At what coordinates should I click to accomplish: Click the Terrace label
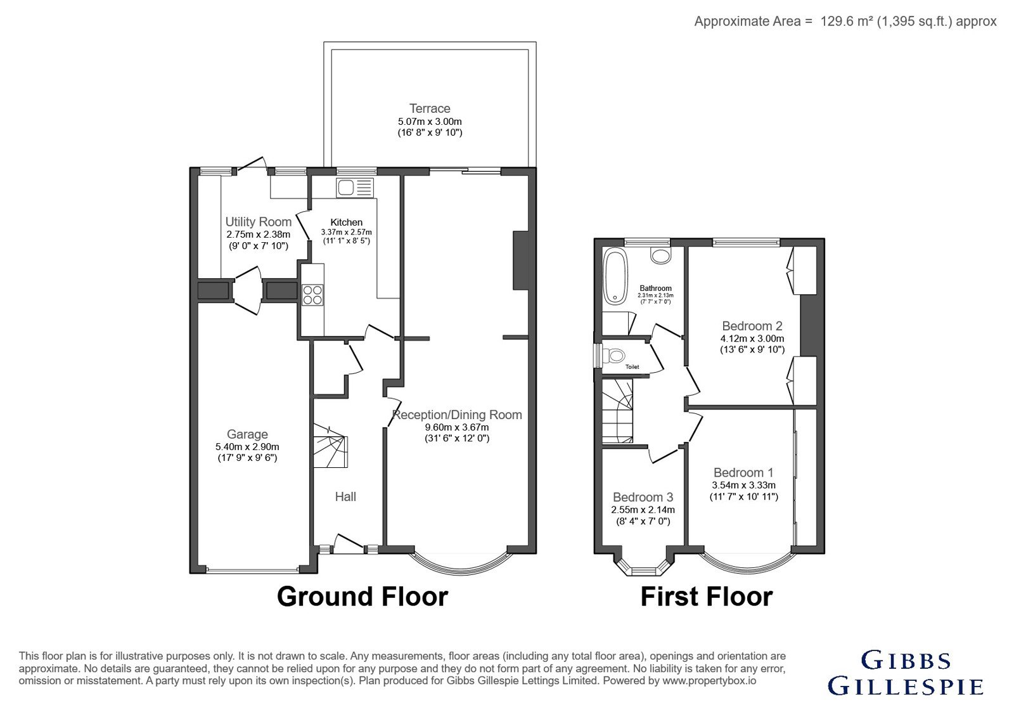pyautogui.click(x=430, y=108)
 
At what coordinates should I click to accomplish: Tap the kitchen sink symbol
pyautogui.click(x=354, y=188)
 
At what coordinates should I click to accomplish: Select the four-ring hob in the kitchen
pyautogui.click(x=312, y=295)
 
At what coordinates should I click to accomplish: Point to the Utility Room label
pyautogui.click(x=259, y=222)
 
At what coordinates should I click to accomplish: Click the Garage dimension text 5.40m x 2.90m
pyautogui.click(x=247, y=447)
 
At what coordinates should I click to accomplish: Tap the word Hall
pyautogui.click(x=345, y=497)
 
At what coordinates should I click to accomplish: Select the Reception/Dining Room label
pyautogui.click(x=457, y=415)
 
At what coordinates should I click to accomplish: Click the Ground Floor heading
pyautogui.click(x=362, y=597)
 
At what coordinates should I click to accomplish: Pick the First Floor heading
pyautogui.click(x=707, y=597)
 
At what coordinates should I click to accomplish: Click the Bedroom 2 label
pyautogui.click(x=752, y=326)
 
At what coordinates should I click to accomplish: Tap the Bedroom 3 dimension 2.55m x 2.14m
pyautogui.click(x=643, y=510)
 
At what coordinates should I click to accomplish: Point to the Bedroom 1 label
pyautogui.click(x=744, y=473)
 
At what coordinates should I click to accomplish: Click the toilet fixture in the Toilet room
pyautogui.click(x=614, y=356)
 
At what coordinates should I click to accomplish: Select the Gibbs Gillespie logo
pyautogui.click(x=906, y=673)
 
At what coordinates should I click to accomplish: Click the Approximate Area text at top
pyautogui.click(x=845, y=22)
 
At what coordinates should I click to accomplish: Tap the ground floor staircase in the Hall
pyautogui.click(x=331, y=446)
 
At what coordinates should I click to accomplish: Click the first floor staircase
pyautogui.click(x=617, y=411)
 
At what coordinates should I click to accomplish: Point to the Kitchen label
pyautogui.click(x=346, y=223)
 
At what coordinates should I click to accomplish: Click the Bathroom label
pyautogui.click(x=655, y=288)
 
